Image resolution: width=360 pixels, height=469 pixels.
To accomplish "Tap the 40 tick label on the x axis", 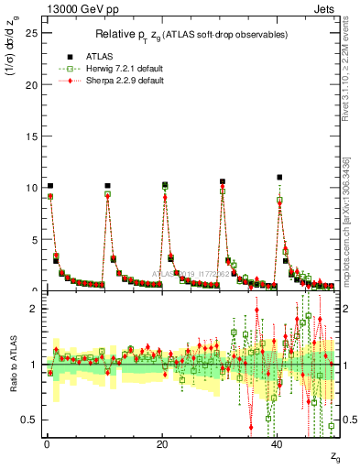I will pos(278,444).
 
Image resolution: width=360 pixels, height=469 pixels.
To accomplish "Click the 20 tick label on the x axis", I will pos(162,444).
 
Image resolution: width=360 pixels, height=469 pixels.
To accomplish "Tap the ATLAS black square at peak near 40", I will pos(279,178).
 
